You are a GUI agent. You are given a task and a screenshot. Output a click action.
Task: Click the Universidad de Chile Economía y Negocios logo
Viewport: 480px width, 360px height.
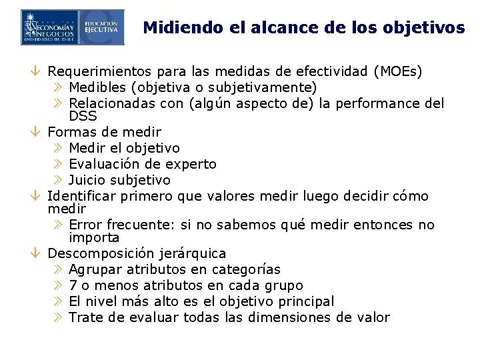pyautogui.click(x=50, y=27)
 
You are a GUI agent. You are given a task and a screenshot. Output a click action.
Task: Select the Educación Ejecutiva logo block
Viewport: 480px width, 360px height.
pyautogui.click(x=101, y=27)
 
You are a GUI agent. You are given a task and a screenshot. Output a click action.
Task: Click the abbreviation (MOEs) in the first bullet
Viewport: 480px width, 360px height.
pyautogui.click(x=398, y=71)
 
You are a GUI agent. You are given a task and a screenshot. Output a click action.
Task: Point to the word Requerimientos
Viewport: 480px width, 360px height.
pyautogui.click(x=101, y=71)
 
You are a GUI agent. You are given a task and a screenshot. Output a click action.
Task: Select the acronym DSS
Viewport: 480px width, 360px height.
pyautogui.click(x=83, y=116)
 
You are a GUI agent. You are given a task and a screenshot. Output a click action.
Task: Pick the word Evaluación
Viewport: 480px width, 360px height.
pyautogui.click(x=106, y=164)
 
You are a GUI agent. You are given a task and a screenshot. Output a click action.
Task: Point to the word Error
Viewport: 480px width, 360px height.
pyautogui.click(x=85, y=225)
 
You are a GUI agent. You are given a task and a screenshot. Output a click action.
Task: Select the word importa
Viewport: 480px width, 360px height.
pyautogui.click(x=94, y=237)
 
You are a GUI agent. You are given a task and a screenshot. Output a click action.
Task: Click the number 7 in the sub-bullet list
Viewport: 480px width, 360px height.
pyautogui.click(x=73, y=285)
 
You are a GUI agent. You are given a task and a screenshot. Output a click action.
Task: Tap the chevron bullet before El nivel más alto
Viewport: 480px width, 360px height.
pyautogui.click(x=57, y=301)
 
